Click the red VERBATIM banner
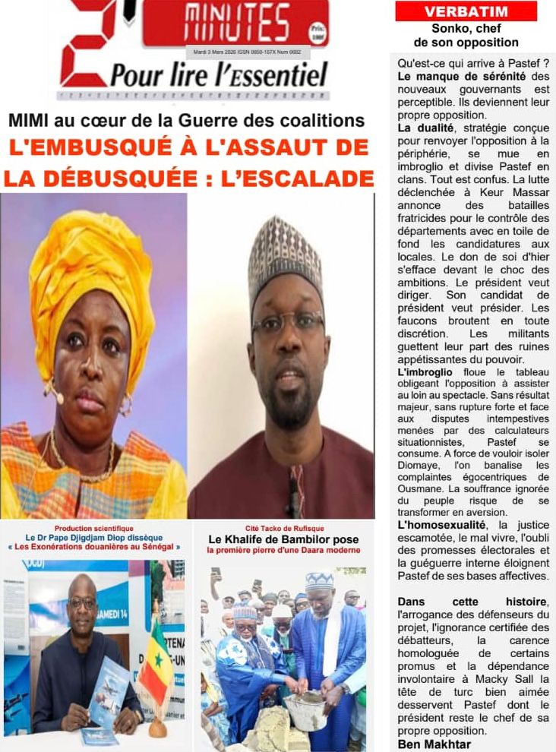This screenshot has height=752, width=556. pos(466,11)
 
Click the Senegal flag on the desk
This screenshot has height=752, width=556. pos(156,661)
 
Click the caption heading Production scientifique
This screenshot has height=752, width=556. pos(93,528)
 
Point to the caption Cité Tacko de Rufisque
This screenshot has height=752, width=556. pos(283,528)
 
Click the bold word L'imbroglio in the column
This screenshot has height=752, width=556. pos(425,372)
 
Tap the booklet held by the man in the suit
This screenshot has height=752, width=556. pos(108,691)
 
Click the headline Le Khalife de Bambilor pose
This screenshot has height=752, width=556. pos(283,539)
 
